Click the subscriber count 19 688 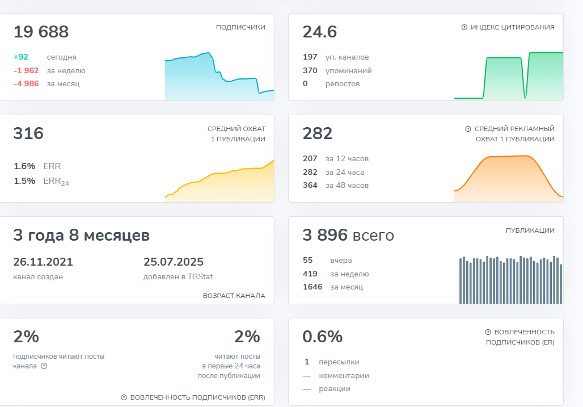coord(41,32)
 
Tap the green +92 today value coord(21,57)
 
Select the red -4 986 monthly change coord(26,84)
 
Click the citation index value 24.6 coord(320,32)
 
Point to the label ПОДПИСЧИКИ coord(240,27)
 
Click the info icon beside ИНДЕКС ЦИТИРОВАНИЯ coord(464,27)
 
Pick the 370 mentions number coord(310,71)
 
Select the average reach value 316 coord(28,134)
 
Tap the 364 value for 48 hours coord(310,186)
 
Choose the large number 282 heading coord(318,134)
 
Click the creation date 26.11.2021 coord(43,262)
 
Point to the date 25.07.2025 coord(174,262)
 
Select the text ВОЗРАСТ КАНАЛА coord(234,296)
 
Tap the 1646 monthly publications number coord(312,287)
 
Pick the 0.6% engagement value coord(323,337)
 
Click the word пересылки coord(339,362)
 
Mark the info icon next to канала coord(44,366)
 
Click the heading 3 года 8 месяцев coord(82,236)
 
